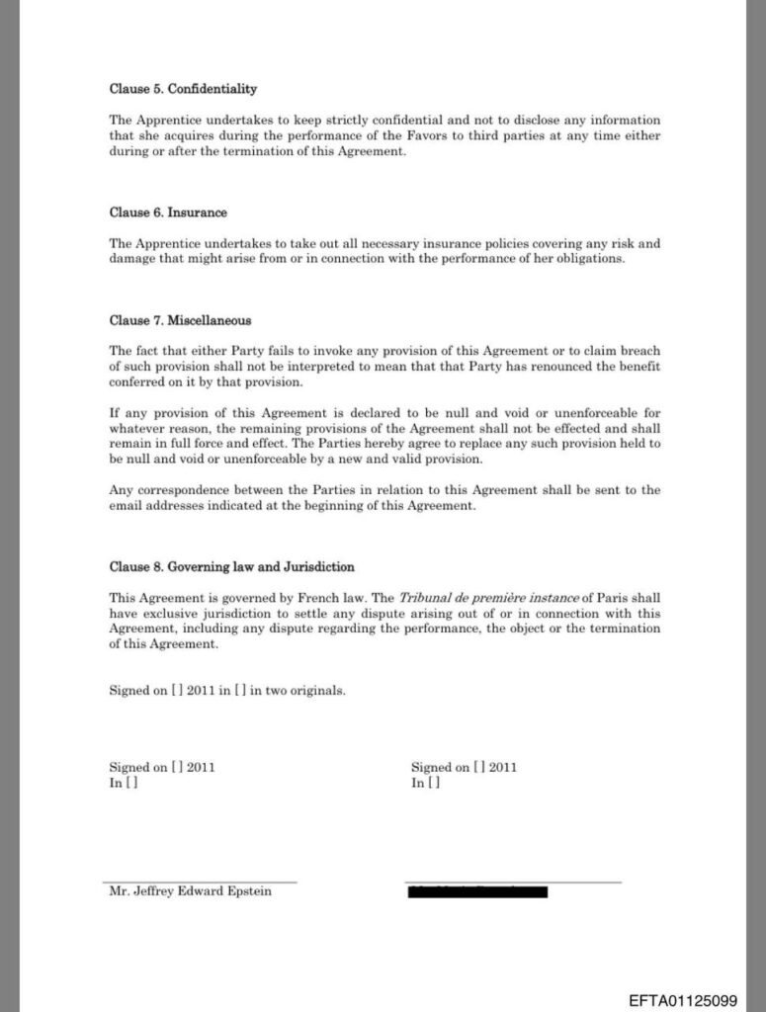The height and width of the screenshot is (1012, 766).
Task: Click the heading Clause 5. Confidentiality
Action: click(x=183, y=89)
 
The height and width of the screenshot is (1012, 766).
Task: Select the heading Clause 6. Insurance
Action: click(x=168, y=212)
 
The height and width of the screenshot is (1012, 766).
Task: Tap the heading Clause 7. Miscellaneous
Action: click(x=180, y=320)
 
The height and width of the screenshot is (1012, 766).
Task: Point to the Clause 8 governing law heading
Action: click(x=231, y=567)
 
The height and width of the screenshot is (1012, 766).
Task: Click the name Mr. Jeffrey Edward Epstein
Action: click(x=190, y=891)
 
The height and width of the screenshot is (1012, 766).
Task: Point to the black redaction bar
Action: click(x=477, y=891)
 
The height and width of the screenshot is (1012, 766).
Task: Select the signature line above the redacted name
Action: click(x=512, y=882)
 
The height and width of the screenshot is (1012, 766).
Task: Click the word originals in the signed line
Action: click(x=317, y=691)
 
